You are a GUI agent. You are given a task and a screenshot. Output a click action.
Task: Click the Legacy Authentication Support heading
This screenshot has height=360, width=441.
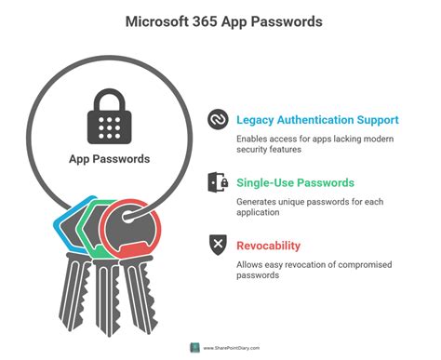click(318, 120)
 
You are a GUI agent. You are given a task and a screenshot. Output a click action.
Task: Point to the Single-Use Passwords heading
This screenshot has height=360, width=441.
click(294, 183)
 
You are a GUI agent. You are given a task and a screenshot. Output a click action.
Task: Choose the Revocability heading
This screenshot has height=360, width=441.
click(268, 246)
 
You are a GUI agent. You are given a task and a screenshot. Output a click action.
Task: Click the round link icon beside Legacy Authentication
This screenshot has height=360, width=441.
click(218, 121)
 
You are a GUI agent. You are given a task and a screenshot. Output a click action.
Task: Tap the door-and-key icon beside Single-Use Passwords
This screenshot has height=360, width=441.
click(218, 183)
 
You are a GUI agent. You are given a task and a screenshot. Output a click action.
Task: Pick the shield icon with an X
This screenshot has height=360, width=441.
click(218, 246)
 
